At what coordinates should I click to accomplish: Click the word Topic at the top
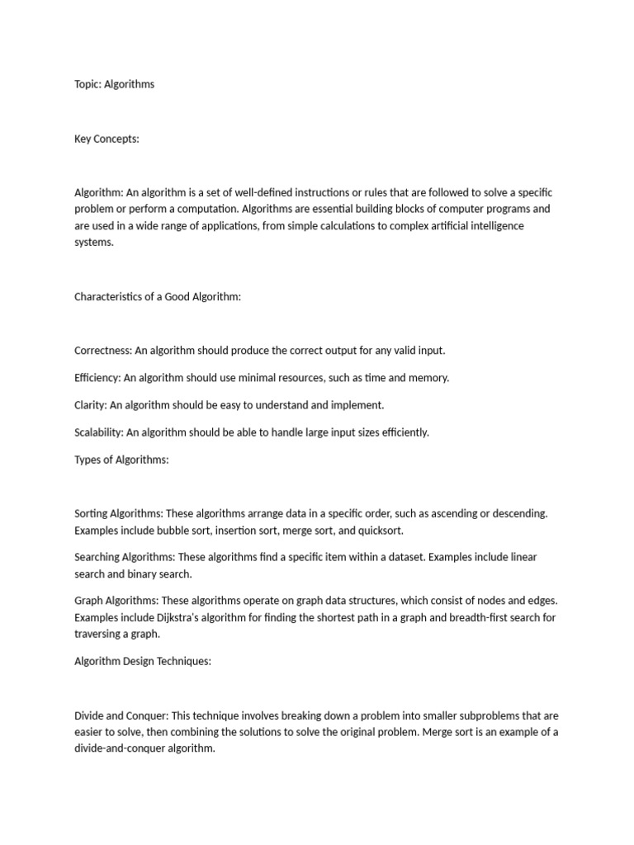88,84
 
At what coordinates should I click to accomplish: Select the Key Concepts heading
106,139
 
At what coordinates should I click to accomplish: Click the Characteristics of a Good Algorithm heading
158,296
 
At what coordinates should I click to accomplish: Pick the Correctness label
103,350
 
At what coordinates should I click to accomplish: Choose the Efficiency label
97,377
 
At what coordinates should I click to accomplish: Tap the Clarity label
90,405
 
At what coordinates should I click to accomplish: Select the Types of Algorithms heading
121,460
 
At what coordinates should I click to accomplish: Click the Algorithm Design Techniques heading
143,661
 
